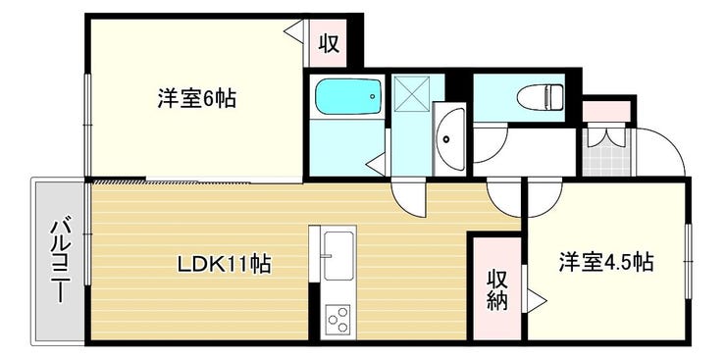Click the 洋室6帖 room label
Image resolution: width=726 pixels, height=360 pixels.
click(x=197, y=98)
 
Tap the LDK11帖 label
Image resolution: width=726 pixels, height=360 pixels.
click(x=225, y=264)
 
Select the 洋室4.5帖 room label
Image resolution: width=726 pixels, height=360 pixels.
click(x=606, y=262)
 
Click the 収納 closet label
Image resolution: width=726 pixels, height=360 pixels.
click(x=496, y=289)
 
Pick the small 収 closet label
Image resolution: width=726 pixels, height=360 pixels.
click(x=329, y=44)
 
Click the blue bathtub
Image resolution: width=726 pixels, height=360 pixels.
click(x=348, y=96)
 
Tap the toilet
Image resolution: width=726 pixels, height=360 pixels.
click(x=540, y=97)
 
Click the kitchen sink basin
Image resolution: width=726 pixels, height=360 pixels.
click(x=338, y=255)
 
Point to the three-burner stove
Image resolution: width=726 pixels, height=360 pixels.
click(x=337, y=319)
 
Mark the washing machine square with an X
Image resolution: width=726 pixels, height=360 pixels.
click(x=412, y=94)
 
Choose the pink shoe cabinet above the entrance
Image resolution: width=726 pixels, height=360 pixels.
click(x=606, y=111)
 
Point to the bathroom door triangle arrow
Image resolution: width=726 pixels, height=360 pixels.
click(x=376, y=164)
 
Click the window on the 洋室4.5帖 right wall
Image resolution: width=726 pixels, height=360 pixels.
click(x=689, y=262)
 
